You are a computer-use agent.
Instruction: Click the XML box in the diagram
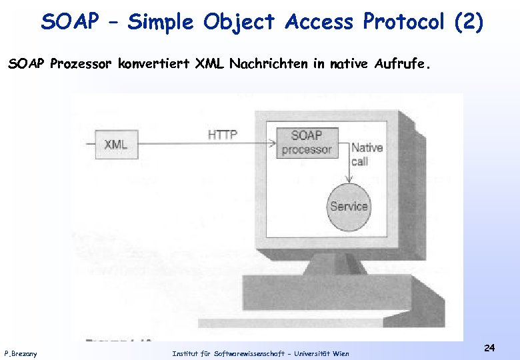116,145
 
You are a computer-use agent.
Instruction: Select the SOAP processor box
306,143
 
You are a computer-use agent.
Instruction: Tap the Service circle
349,206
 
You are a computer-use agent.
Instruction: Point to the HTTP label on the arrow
223,135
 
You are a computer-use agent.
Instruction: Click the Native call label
366,155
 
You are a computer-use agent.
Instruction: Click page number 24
489,348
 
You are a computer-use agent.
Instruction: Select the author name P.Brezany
21,353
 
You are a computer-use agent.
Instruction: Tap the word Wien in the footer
340,353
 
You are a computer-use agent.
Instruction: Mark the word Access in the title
319,22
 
